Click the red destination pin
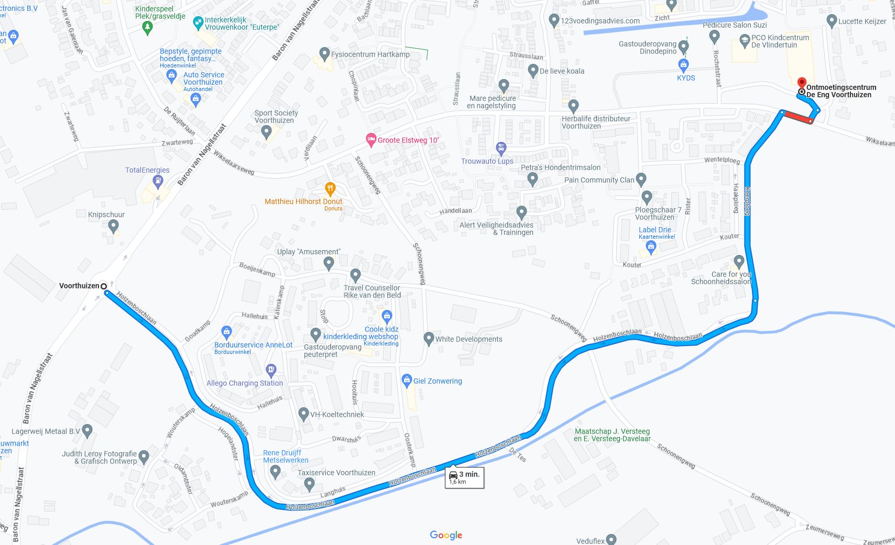[801, 83]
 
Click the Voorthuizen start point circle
[104, 286]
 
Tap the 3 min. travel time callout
[464, 477]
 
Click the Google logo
[446, 535]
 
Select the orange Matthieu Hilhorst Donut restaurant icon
[330, 188]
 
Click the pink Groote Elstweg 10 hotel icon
[371, 140]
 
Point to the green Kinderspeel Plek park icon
[147, 27]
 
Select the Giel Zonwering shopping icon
[407, 381]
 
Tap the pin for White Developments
[429, 339]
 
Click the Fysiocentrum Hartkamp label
[370, 54]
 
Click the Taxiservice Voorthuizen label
[336, 473]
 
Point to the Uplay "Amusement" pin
[329, 263]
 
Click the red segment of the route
[797, 117]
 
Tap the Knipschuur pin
[113, 227]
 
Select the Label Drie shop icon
[651, 247]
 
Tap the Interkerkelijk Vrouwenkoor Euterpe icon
[198, 23]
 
